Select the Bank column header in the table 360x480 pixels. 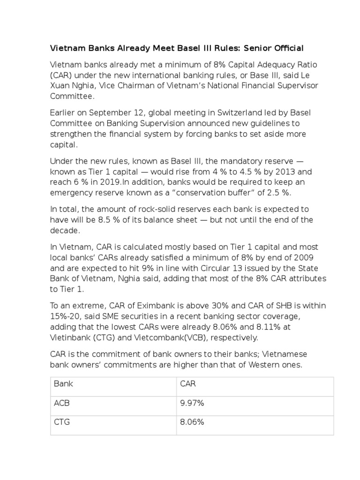click(x=64, y=384)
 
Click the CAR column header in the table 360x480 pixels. click(x=188, y=384)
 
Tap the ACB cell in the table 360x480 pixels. click(x=62, y=403)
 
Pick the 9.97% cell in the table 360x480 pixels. click(x=192, y=403)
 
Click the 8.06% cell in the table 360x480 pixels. click(x=192, y=422)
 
